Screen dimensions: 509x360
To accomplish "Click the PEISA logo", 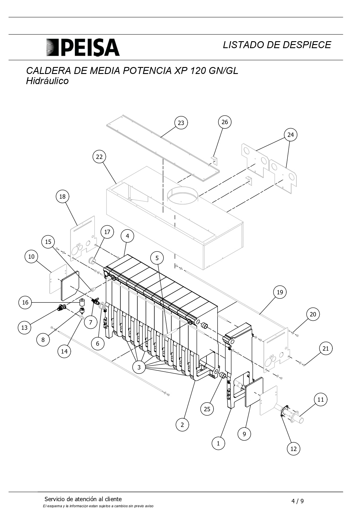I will pos(83,47).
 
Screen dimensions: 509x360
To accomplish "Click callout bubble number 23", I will pos(181,123).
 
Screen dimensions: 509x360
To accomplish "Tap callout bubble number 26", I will pos(225,122).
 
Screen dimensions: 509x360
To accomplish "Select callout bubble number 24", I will pos(290,135).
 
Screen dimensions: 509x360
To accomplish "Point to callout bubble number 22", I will pos(99,157).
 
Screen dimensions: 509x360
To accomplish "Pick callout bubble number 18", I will pos(62,197).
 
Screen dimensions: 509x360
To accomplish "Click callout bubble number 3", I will pos(139,367).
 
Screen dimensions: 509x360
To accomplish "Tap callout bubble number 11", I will pos(321,400).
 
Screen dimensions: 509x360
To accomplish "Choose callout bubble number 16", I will pos(25,302).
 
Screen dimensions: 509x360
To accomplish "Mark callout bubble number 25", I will pos(207,409).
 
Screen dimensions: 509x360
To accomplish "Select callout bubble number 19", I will pos(280,292).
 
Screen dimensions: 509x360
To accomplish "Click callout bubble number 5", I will pos(157,258).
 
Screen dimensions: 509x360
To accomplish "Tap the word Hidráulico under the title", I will pos(47,81).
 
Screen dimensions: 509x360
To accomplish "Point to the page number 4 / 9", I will pos(298,501).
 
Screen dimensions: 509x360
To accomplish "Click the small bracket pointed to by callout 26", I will pos(214,160).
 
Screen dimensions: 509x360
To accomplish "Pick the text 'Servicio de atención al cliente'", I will pos(83,499).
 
